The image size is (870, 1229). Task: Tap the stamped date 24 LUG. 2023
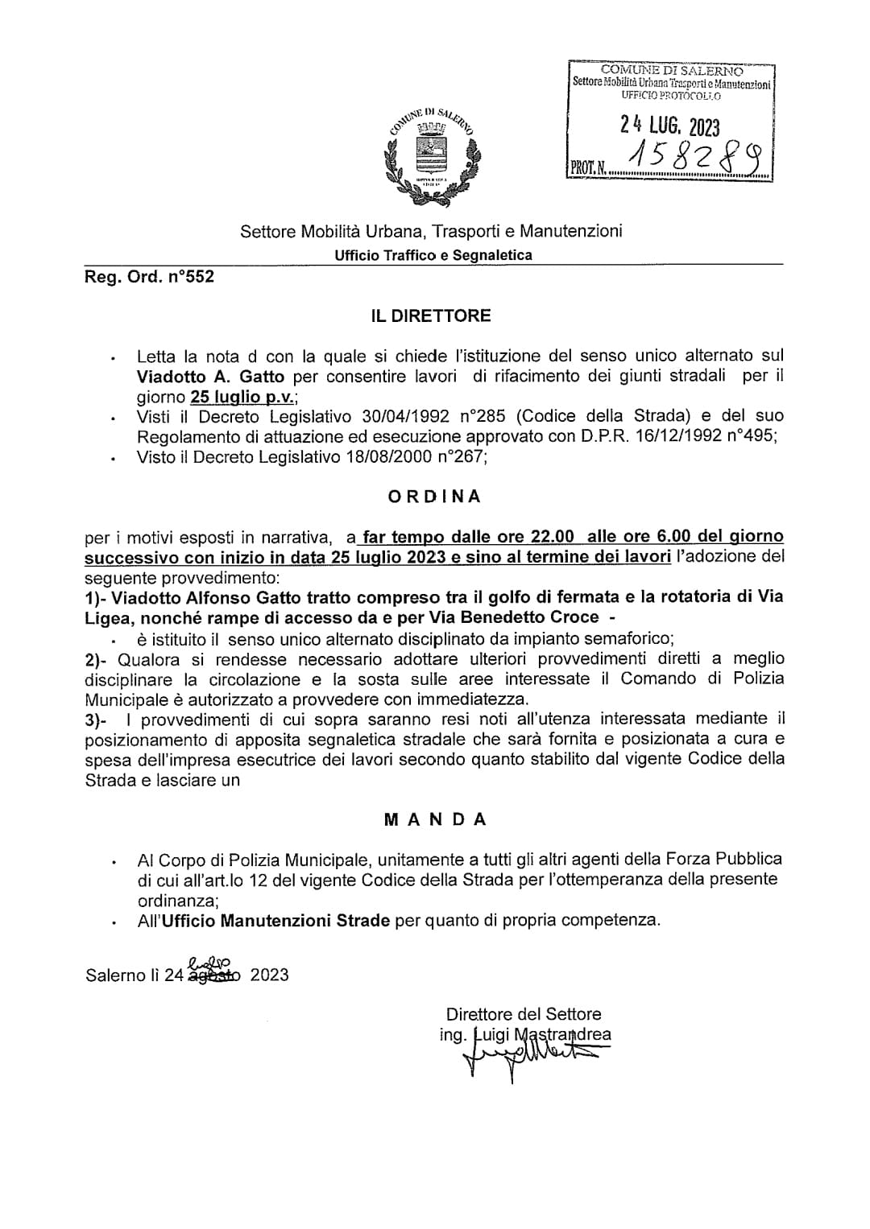[669, 126]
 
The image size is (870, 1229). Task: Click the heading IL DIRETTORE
[430, 315]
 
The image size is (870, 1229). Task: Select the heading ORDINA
[434, 497]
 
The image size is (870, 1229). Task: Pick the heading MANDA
[435, 820]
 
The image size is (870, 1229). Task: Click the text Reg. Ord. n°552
[150, 278]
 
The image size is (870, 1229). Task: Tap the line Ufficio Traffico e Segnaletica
[434, 255]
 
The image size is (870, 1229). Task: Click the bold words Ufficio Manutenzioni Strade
[275, 920]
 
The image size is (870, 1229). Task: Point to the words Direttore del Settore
[524, 1014]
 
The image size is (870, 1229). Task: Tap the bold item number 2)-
[99, 658]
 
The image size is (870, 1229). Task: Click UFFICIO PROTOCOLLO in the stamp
[671, 96]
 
